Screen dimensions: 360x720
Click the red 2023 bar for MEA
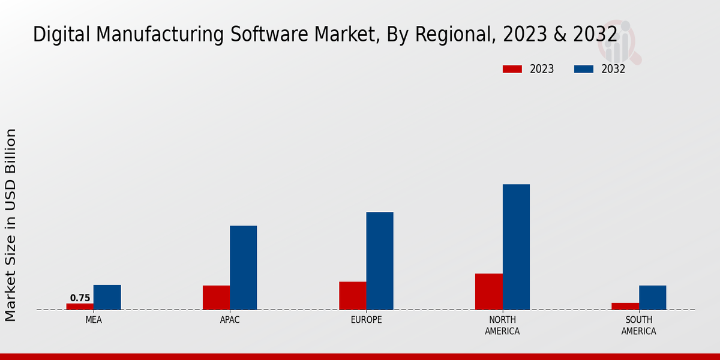point(80,307)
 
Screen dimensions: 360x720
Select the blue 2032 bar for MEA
point(107,298)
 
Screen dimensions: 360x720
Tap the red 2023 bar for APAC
point(216,298)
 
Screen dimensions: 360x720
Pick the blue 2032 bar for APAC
point(243,268)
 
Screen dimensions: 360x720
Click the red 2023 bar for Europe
point(352,296)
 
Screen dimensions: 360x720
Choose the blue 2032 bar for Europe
point(380,261)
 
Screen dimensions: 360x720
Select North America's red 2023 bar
point(488,292)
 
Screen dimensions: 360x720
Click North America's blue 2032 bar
point(516,247)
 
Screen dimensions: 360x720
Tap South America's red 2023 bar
point(625,307)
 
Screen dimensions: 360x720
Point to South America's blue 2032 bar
point(652,298)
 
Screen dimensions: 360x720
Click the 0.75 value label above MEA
point(80,298)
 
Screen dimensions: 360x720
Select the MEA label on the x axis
point(94,320)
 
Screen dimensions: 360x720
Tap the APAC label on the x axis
point(230,320)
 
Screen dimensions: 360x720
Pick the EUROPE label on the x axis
point(366,320)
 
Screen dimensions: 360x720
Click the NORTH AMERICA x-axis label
point(502,326)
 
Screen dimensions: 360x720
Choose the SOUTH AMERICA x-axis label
point(638,326)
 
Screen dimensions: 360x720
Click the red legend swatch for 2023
point(512,69)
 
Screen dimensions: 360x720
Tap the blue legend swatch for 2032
point(584,69)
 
